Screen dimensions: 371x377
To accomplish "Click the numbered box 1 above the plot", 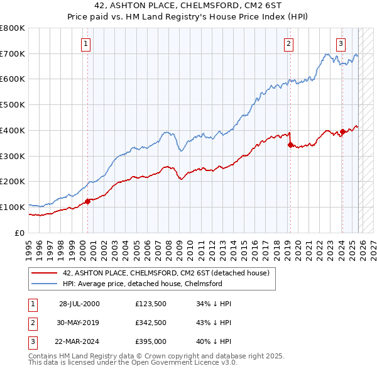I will point(85,43).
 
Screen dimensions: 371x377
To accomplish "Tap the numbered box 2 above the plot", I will point(288,43).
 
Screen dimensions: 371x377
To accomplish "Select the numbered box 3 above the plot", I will point(341,43).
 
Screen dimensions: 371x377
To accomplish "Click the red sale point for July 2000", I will point(88,201).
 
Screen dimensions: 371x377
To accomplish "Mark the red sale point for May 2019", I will point(290,145).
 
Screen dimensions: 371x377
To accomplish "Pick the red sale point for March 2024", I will point(342,131).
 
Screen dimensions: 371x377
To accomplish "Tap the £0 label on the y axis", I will point(19,233).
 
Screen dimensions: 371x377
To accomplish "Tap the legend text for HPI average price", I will point(142,284).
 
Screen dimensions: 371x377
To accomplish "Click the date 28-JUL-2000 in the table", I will point(79,304).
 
